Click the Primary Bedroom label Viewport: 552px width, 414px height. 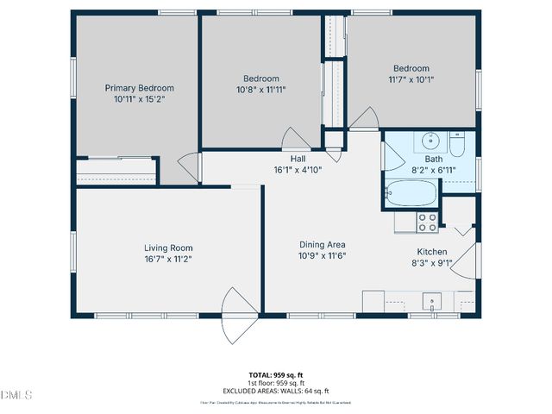click(139, 88)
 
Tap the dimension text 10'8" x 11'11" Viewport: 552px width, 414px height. click(261, 89)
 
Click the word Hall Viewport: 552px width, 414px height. click(298, 159)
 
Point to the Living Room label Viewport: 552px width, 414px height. click(166, 248)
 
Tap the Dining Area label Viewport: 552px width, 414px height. click(322, 244)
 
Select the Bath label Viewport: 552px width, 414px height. click(433, 159)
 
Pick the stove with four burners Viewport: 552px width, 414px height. click(427, 222)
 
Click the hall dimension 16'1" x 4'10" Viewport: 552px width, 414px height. click(298, 170)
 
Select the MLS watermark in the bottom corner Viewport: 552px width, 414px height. click(16, 394)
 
